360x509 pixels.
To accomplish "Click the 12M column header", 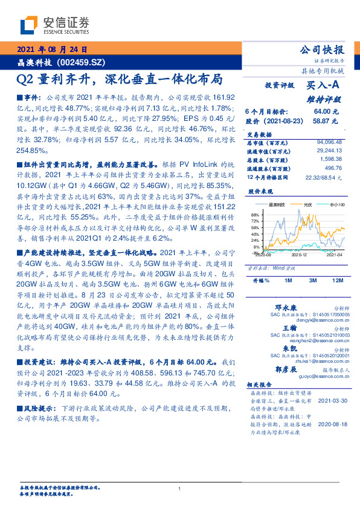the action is [337, 281].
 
